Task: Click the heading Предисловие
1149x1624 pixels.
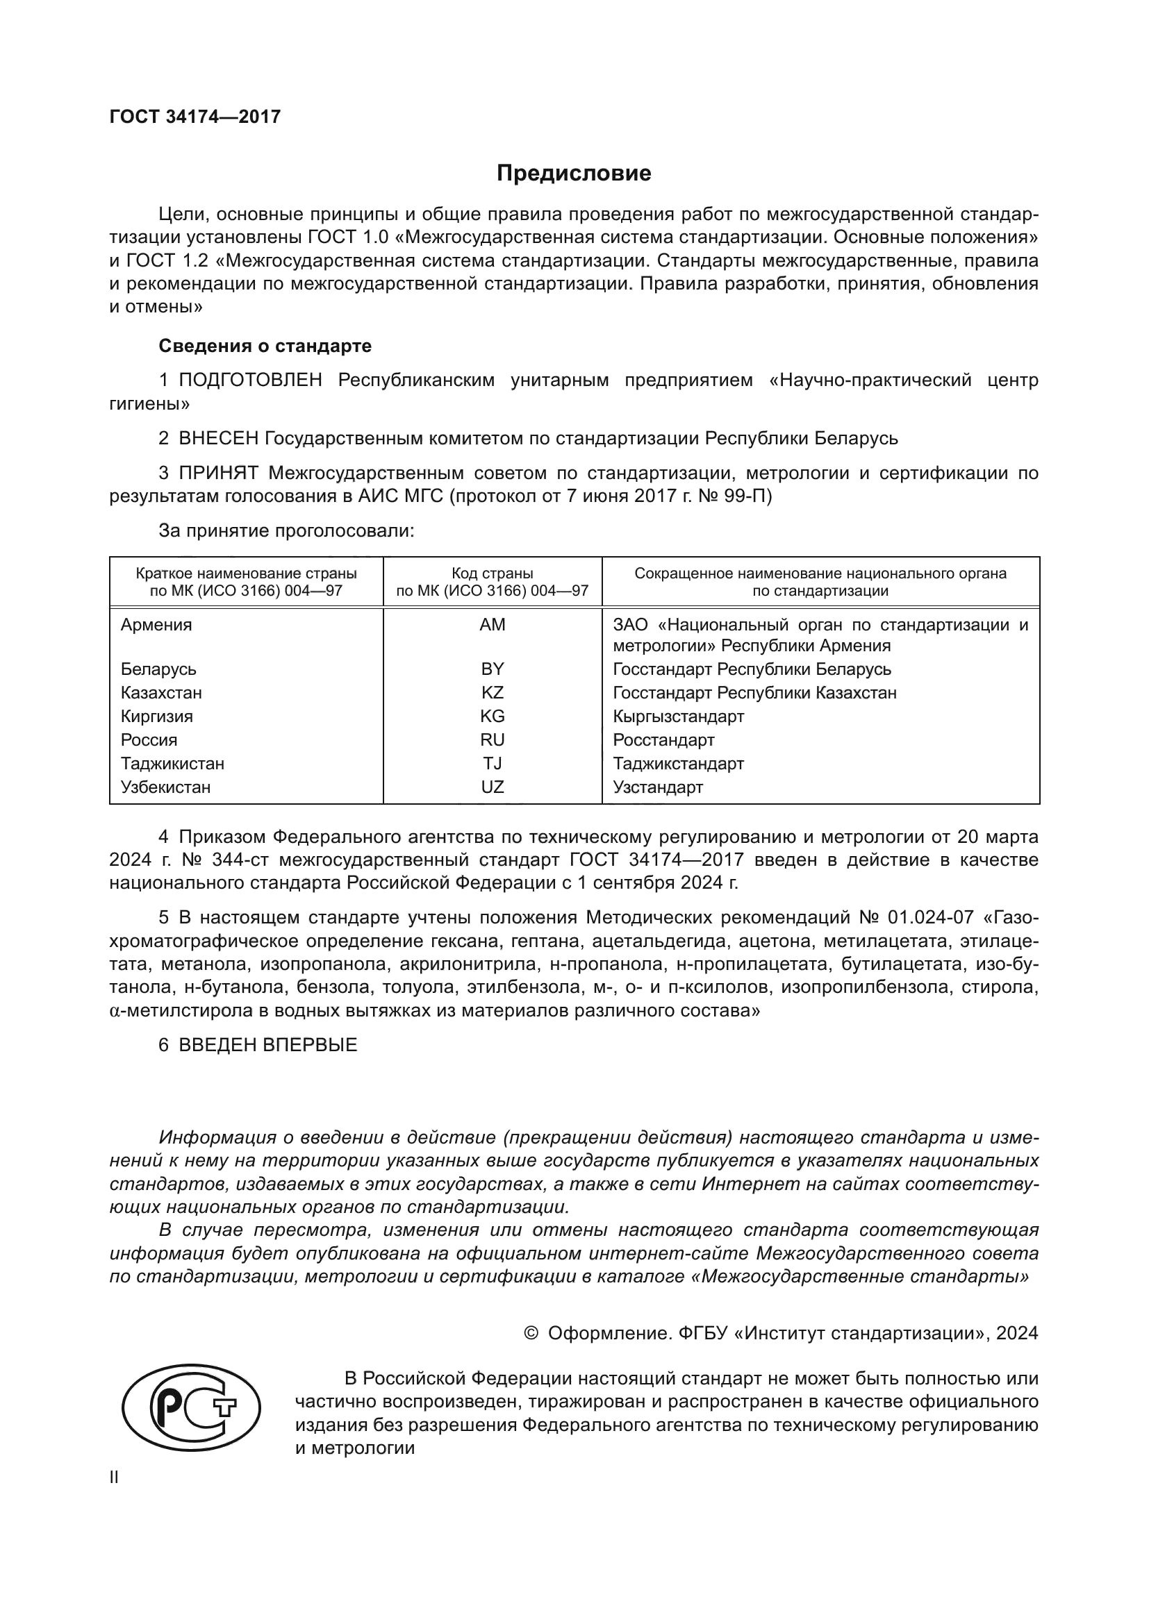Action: click(574, 174)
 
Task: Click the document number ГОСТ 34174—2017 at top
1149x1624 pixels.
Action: click(195, 117)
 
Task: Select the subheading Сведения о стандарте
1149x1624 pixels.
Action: click(265, 346)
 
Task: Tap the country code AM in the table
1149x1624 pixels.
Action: click(493, 625)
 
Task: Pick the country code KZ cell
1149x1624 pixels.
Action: click(493, 692)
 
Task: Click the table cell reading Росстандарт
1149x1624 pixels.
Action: click(663, 740)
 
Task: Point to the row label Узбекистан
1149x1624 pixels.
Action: click(165, 787)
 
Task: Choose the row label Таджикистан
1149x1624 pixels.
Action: click(173, 764)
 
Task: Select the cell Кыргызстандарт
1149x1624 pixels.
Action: click(679, 717)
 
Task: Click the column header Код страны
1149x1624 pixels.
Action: click(493, 574)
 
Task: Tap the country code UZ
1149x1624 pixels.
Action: click(493, 787)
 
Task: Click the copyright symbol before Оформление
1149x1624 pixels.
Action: click(531, 1334)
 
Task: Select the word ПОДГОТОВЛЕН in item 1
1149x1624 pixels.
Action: click(251, 380)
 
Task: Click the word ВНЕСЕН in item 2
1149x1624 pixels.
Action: click(219, 439)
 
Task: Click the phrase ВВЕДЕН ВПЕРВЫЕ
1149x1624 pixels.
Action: click(267, 1046)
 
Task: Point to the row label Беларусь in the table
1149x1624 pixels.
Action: click(158, 669)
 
